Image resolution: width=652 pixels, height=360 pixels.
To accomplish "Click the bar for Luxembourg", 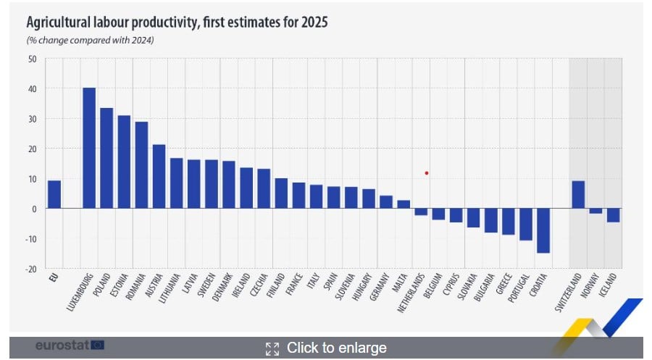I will [x=89, y=148].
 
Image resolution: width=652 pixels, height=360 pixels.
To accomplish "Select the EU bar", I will [x=54, y=195].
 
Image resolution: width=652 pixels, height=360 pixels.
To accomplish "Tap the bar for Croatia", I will [x=543, y=230].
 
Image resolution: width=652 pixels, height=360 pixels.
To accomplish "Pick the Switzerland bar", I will [x=578, y=195].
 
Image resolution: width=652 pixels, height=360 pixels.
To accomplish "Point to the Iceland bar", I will [x=613, y=215].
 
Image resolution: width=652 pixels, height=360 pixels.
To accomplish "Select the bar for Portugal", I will [x=525, y=224].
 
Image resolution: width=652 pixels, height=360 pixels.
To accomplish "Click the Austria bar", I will [x=159, y=177].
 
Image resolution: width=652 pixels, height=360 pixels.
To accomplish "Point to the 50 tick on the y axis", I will [x=32, y=59].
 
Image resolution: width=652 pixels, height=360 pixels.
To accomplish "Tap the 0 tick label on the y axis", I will [x=34, y=209].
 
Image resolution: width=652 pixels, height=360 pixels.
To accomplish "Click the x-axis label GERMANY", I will [x=378, y=289].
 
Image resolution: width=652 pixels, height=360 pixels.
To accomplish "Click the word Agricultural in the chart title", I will [x=60, y=22].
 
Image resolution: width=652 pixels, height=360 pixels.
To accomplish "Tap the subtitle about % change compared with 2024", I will [x=91, y=40].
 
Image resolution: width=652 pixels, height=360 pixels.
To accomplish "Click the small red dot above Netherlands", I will [x=427, y=173].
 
